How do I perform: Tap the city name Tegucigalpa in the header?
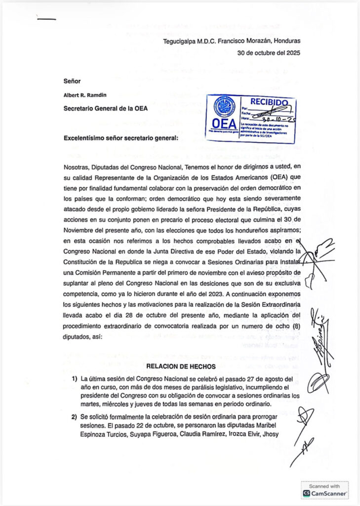click(x=183, y=42)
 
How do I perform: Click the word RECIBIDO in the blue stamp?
click(x=269, y=102)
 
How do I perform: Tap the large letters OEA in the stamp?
click(x=224, y=124)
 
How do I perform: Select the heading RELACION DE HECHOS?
click(x=181, y=366)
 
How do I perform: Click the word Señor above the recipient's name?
click(x=72, y=80)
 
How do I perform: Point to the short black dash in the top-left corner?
click(x=47, y=20)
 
